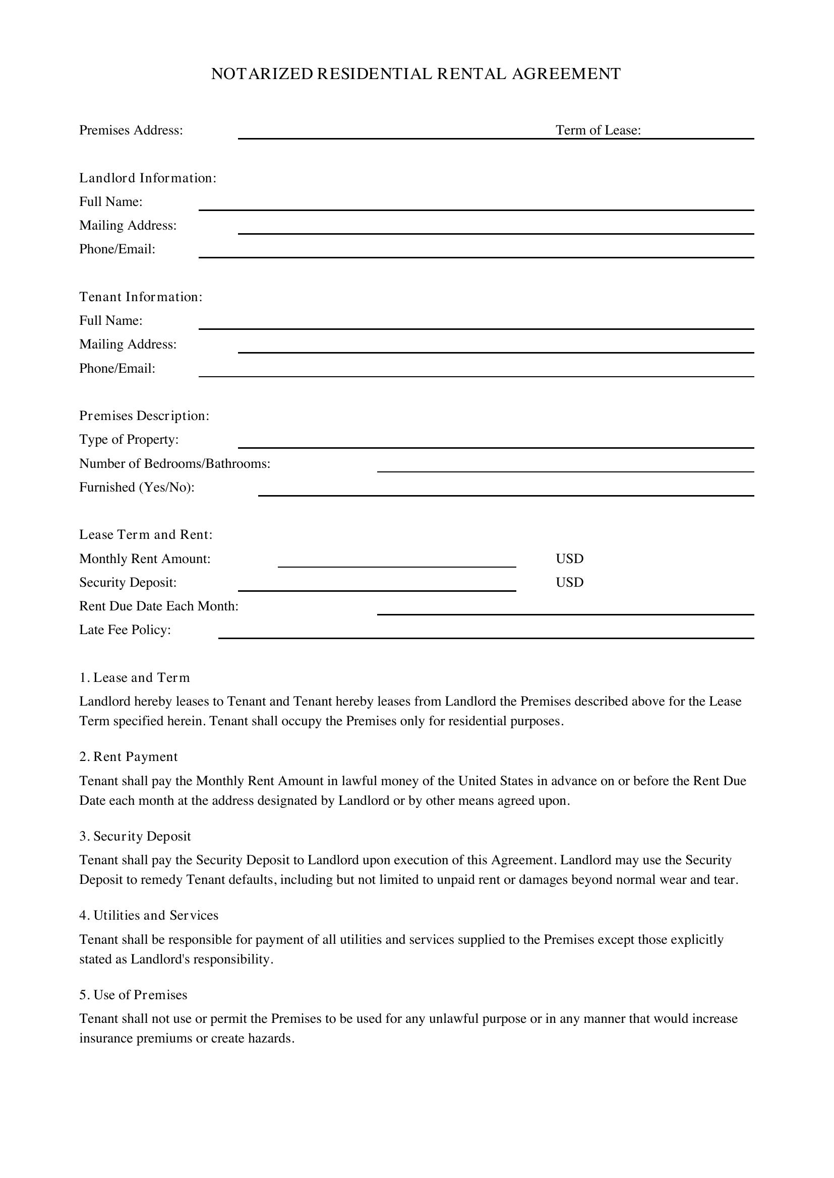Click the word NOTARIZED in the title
tap(262, 74)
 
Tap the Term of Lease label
tap(598, 130)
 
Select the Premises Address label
tap(131, 130)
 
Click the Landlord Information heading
tap(147, 178)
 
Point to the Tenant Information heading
tap(141, 297)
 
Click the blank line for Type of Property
tap(496, 446)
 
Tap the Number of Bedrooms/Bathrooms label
tap(174, 464)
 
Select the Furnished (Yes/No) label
tap(137, 488)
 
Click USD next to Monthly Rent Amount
tap(569, 559)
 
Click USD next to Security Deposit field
tap(569, 582)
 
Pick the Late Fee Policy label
tap(125, 630)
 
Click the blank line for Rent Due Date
tap(565, 613)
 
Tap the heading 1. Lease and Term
tap(135, 678)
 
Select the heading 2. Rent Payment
tap(129, 757)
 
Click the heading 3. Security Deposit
tap(135, 837)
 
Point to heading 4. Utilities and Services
tap(149, 915)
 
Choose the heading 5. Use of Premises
tap(133, 995)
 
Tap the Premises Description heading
tap(144, 415)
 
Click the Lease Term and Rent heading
tap(146, 535)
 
